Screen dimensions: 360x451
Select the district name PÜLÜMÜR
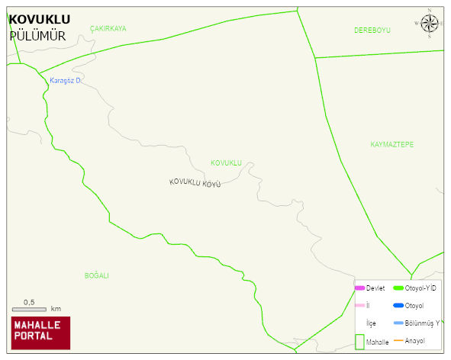(37, 36)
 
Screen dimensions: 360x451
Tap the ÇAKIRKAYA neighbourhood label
(108, 28)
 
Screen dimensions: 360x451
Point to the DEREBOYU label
(372, 31)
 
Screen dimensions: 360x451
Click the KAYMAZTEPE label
(391, 144)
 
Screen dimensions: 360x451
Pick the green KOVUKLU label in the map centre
(226, 163)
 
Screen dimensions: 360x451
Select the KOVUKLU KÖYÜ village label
(195, 183)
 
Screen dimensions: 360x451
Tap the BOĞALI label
(97, 275)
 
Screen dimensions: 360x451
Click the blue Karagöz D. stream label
(65, 80)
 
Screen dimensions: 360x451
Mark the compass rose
(429, 24)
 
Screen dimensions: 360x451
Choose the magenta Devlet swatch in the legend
(359, 288)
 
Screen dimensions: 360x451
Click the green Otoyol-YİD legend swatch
(398, 288)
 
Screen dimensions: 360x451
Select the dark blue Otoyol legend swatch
(398, 306)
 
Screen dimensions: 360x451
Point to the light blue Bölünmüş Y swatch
(398, 323)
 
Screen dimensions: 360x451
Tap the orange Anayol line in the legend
(398, 340)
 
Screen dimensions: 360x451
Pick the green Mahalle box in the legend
(359, 342)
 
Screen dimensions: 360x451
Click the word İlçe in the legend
(371, 323)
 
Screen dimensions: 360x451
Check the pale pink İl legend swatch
(359, 306)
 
